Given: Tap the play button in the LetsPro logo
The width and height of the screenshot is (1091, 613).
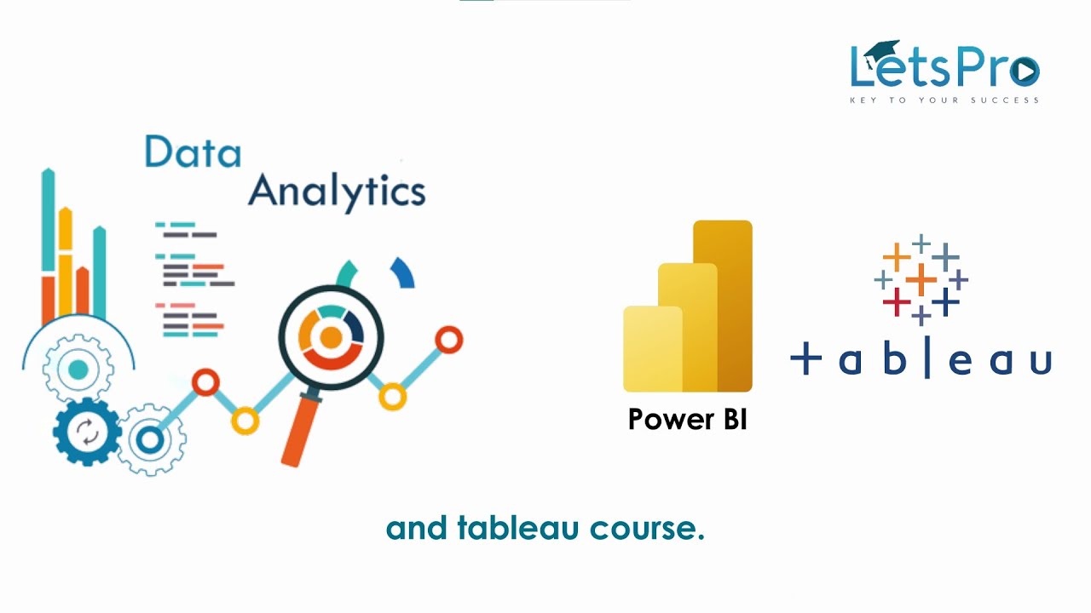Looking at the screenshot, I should (x=1024, y=72).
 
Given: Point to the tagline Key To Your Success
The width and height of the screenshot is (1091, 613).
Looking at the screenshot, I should (x=944, y=100).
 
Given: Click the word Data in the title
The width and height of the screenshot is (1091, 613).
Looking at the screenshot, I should (x=193, y=152).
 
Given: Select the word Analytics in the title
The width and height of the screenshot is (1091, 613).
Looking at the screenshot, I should (x=337, y=191).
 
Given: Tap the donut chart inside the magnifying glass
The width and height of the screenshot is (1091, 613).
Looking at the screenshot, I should (x=331, y=338).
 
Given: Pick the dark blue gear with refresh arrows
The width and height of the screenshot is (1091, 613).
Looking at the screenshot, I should (x=86, y=433).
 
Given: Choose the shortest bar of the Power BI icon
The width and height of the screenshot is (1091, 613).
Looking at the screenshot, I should (x=653, y=349).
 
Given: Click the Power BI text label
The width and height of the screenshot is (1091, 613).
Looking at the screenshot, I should (x=687, y=419).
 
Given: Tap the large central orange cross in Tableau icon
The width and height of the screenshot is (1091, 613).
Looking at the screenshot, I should (x=921, y=279).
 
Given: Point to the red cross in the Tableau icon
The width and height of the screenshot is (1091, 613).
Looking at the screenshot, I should (x=896, y=301).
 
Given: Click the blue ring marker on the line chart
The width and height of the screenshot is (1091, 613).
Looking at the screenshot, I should (x=150, y=439).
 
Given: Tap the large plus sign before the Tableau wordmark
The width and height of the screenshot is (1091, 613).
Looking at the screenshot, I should (x=805, y=360).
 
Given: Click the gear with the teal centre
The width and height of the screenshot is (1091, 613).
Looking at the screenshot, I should (x=78, y=370).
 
